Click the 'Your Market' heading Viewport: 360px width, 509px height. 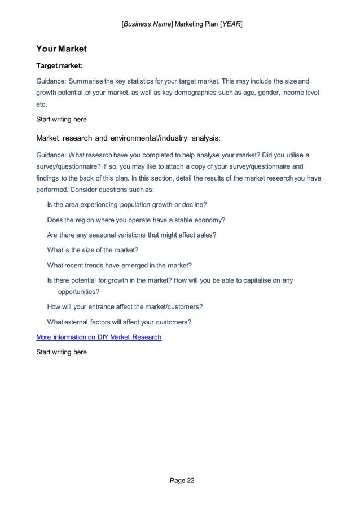click(x=61, y=49)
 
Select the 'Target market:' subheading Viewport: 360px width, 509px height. click(x=60, y=65)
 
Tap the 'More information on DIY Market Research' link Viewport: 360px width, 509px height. click(x=99, y=337)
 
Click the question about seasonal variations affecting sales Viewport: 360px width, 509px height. click(x=132, y=235)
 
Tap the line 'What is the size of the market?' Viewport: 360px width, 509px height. click(x=93, y=250)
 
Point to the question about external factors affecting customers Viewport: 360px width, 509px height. click(x=119, y=322)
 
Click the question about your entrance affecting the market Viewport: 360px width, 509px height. click(x=125, y=307)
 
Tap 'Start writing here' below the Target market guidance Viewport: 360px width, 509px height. click(x=62, y=120)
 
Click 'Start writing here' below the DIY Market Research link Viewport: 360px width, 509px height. click(x=62, y=352)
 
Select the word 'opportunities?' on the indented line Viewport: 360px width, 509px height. click(x=79, y=292)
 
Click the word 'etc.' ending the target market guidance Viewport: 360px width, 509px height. click(x=42, y=104)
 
